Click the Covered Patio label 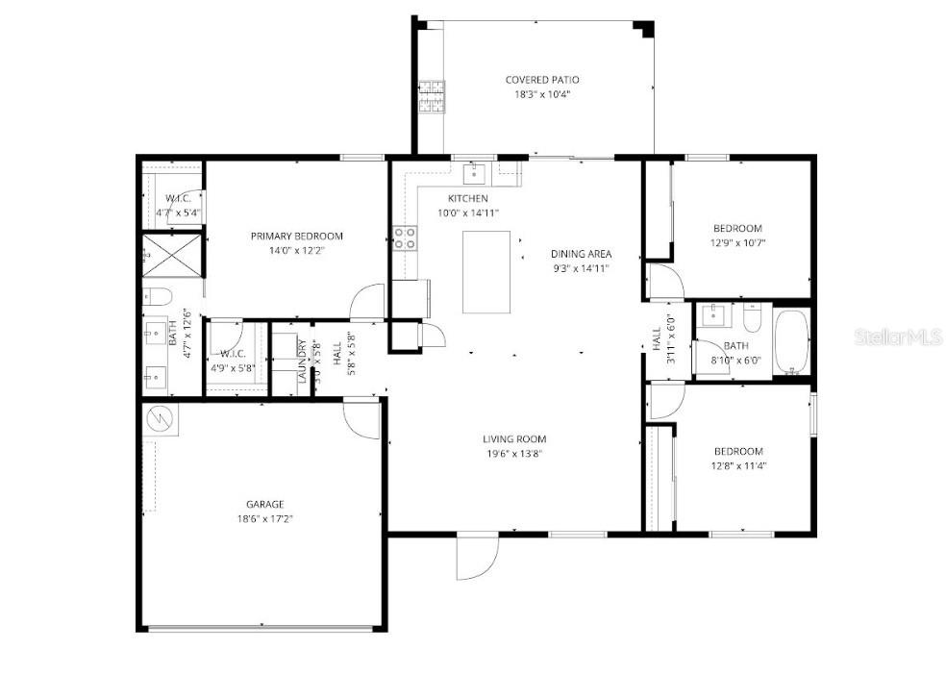pyautogui.click(x=542, y=80)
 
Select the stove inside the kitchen pyautogui.click(x=405, y=237)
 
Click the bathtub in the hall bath pyautogui.click(x=792, y=341)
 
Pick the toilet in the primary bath pyautogui.click(x=157, y=295)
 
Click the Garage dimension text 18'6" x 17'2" pyautogui.click(x=264, y=518)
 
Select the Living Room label pyautogui.click(x=514, y=439)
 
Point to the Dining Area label pyautogui.click(x=581, y=254)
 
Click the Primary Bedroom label pyautogui.click(x=296, y=236)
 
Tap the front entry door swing pyautogui.click(x=476, y=559)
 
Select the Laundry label pyautogui.click(x=301, y=362)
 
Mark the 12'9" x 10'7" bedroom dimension pyautogui.click(x=737, y=243)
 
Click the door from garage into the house pyautogui.click(x=361, y=419)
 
